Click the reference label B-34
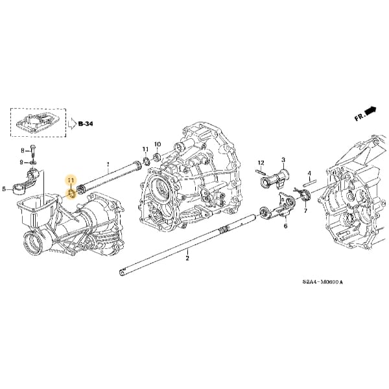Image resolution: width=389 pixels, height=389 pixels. coord(86,123)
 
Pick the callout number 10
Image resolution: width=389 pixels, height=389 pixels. coord(157,144)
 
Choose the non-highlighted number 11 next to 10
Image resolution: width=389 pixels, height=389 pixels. coord(145,150)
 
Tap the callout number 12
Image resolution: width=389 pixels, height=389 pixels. coord(261,162)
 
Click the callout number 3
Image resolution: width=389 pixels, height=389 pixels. coord(283,159)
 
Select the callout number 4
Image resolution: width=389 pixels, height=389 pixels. coord(310,173)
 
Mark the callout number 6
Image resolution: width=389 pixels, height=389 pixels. coord(285,226)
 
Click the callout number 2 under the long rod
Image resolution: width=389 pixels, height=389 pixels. coord(187,258)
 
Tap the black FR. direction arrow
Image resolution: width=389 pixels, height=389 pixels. coord(370,112)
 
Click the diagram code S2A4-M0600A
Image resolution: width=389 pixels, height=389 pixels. coord(322,282)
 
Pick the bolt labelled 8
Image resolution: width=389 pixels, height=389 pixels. coord(33,150)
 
